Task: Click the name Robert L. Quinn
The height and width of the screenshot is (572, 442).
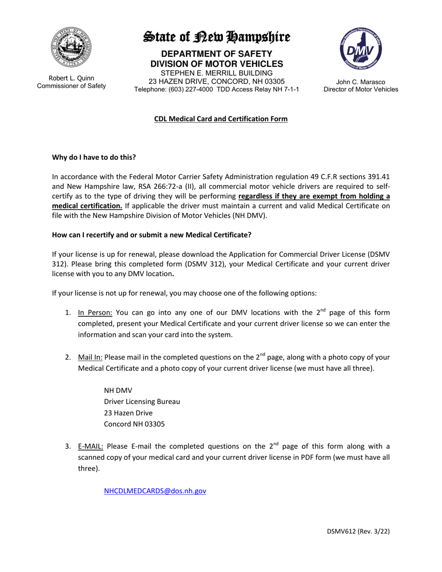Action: [x=71, y=78]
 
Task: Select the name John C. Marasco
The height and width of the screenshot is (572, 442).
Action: [x=361, y=82]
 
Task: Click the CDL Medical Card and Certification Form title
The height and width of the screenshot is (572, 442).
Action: [x=221, y=119]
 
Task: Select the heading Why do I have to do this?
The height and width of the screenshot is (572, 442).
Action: [x=94, y=157]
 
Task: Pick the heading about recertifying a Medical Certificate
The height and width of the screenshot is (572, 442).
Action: [x=152, y=235]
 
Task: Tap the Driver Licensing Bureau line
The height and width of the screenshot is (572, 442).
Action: [x=142, y=401]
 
